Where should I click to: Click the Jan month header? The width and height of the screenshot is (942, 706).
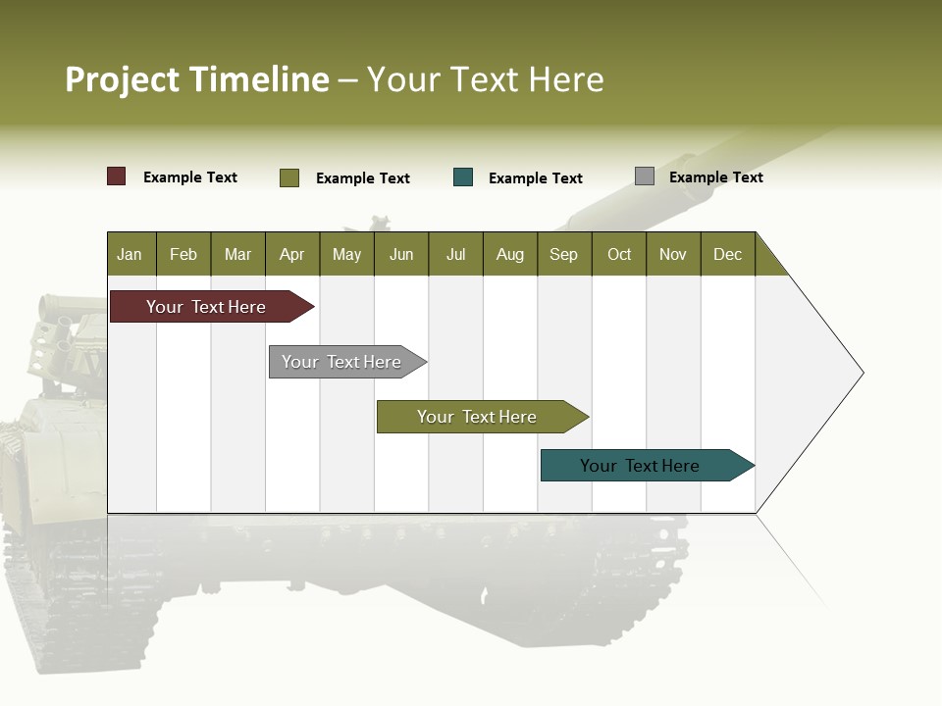(131, 254)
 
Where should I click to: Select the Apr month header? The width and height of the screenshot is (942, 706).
(292, 254)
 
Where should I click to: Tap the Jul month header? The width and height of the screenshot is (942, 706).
(456, 254)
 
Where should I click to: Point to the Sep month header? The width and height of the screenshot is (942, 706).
(564, 254)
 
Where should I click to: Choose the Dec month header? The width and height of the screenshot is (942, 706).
(728, 254)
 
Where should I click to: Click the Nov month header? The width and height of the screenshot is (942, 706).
(673, 254)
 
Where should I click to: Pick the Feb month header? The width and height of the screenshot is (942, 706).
(183, 254)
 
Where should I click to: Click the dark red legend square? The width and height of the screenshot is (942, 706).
(117, 176)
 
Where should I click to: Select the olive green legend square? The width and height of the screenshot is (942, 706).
(289, 177)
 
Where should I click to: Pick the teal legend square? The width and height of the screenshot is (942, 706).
(463, 177)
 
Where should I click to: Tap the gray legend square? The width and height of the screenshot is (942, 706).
(645, 176)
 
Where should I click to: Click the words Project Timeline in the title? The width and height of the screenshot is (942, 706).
(197, 79)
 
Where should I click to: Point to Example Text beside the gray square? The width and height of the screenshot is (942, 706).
(715, 177)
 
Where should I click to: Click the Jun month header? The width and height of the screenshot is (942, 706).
(401, 254)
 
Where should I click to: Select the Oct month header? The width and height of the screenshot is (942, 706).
(619, 254)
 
